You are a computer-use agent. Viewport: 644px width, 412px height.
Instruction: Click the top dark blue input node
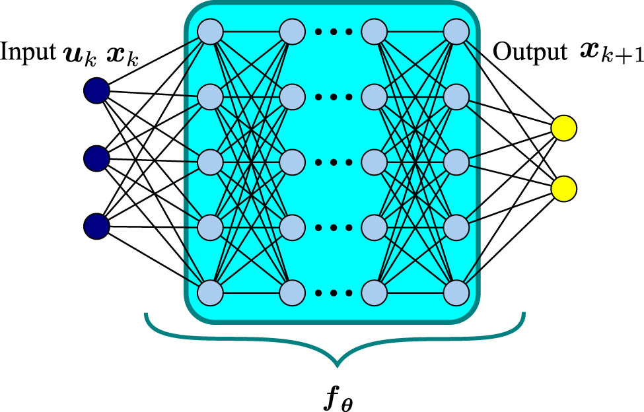tap(96, 90)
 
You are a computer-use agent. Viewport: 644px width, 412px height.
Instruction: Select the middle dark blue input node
tap(96, 158)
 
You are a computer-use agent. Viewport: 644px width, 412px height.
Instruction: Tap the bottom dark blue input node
tap(96, 226)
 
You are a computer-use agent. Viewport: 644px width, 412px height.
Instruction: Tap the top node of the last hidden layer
tap(456, 30)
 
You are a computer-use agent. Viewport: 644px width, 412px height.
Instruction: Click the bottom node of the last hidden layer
tap(456, 291)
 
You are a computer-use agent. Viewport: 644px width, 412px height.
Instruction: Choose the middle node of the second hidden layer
tap(292, 161)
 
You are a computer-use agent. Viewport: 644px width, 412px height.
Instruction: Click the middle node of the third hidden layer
tap(375, 161)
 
